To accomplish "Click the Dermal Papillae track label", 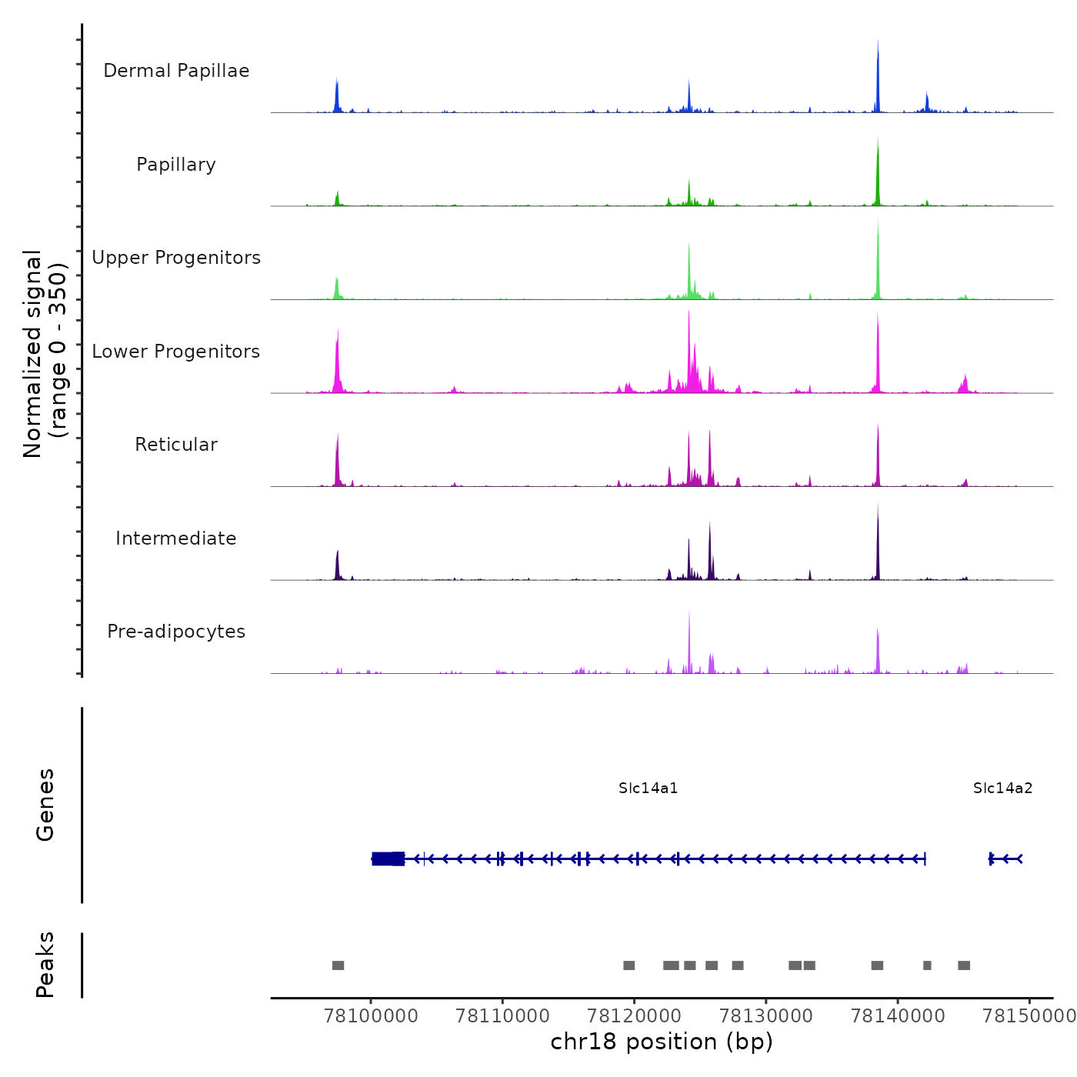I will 176,71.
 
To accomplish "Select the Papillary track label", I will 176,165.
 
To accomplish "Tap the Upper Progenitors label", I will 176,258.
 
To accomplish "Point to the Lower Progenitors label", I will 176,352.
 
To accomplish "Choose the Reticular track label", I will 176,445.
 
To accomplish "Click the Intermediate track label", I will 176,538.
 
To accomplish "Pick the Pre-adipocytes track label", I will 176,632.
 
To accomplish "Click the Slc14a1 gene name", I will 649,789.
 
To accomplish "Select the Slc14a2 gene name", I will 1002,789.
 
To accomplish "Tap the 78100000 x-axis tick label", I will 371,1015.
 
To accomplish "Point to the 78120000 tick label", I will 634,1015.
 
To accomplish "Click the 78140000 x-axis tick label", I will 897,1015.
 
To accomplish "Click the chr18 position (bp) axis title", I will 662,1042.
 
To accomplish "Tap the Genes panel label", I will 45,805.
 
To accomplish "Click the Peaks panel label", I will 45,965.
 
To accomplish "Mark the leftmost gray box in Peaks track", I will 338,965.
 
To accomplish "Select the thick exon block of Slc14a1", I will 388,859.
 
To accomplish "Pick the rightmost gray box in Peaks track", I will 964,965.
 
